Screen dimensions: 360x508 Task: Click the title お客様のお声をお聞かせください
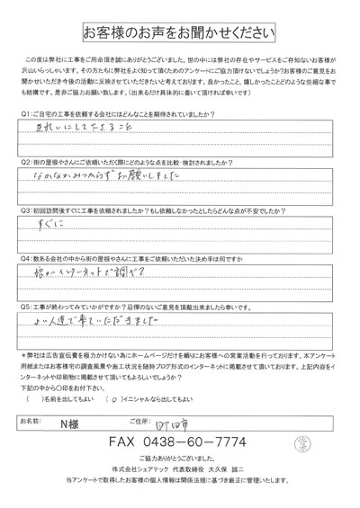click(x=180, y=33)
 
